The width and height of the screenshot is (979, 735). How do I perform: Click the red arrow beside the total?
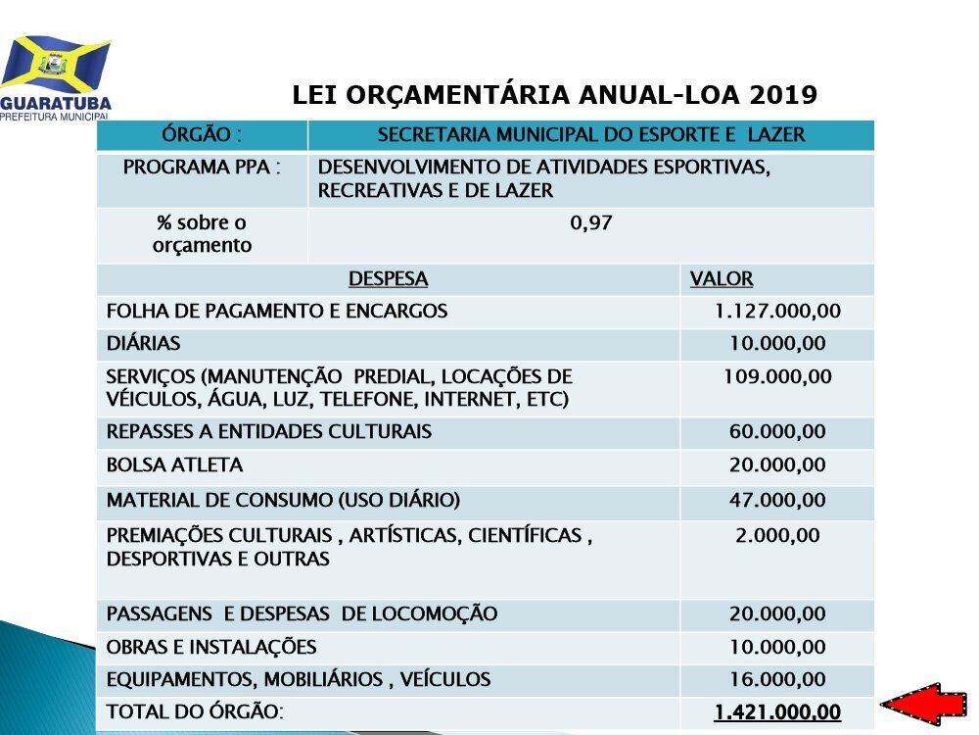pos(924,704)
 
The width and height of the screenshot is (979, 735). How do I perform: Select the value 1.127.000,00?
pos(777,311)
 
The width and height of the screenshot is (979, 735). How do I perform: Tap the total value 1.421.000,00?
pos(777,711)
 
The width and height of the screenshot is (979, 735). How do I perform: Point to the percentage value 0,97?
pos(590,222)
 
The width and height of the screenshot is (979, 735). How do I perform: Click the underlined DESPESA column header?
pos(388,278)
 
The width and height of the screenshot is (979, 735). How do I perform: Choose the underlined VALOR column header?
pos(722,278)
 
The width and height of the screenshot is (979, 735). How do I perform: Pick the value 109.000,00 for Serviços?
pos(777,376)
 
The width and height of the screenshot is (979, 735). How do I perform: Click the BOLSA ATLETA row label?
pos(174,465)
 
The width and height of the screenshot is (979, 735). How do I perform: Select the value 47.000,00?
pos(777,500)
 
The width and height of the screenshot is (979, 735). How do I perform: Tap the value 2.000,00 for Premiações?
pos(777,536)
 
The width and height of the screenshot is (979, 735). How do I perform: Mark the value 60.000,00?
pos(777,431)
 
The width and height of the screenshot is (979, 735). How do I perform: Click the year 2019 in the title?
pos(783,95)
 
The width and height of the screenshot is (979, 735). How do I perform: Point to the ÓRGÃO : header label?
pos(202,134)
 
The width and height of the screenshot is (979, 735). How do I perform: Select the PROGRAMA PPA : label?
pos(202,167)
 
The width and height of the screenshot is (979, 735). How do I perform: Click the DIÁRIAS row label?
pos(143,343)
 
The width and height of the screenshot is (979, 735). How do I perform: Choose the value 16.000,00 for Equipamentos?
pos(777,679)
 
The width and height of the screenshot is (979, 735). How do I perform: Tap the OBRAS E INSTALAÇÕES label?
pos(211,647)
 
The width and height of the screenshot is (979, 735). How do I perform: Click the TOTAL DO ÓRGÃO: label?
pos(195,711)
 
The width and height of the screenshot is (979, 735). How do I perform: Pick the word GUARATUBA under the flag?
pos(56,104)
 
